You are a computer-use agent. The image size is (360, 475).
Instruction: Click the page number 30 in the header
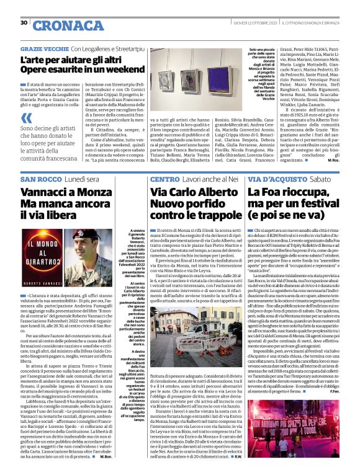click(x=24, y=22)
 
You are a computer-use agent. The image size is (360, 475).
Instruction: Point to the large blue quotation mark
click(x=26, y=118)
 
